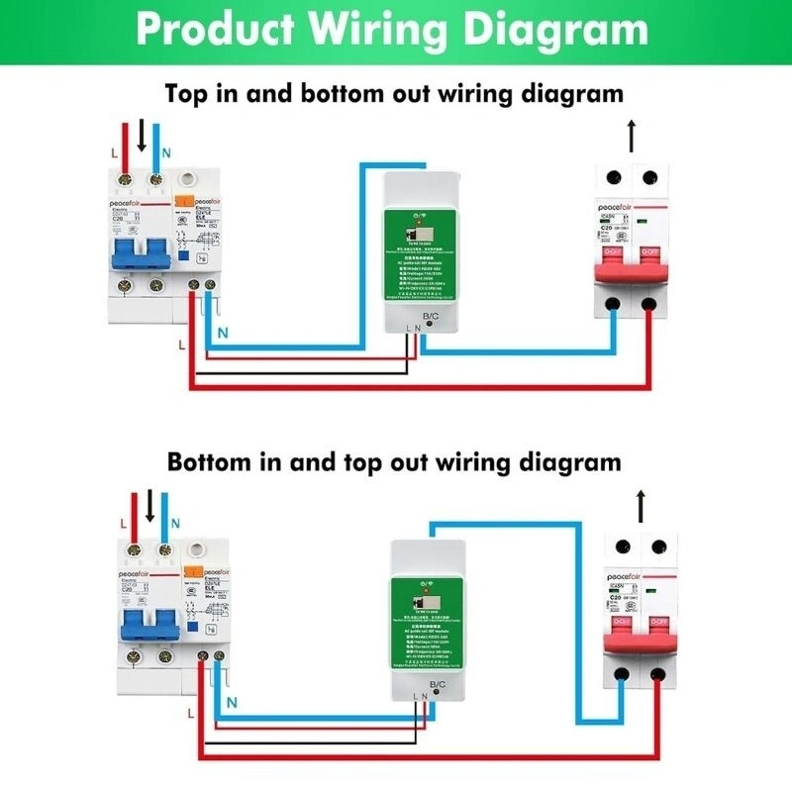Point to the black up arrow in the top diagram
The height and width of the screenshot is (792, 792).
(631, 135)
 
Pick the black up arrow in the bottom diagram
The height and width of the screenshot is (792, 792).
(641, 504)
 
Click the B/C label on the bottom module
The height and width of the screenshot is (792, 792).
(439, 684)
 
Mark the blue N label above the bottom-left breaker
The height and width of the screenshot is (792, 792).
(176, 523)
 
